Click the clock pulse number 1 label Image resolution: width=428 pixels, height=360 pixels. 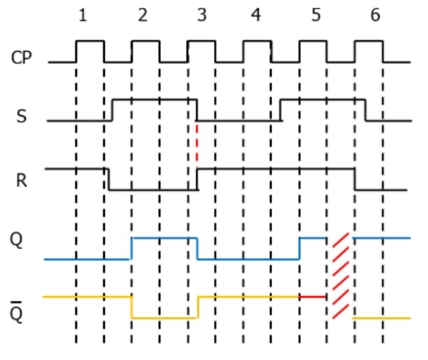83,15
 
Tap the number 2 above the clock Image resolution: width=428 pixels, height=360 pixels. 143,15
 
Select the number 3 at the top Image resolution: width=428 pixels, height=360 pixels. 202,15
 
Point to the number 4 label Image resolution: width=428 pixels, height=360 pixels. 256,15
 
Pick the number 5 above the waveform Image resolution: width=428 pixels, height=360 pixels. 316,15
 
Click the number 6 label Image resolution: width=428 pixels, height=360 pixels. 376,15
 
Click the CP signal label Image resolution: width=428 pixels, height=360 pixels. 22,57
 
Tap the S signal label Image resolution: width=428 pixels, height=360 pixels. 22,116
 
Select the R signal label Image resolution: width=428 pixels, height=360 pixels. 22,180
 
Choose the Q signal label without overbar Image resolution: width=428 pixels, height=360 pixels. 16,240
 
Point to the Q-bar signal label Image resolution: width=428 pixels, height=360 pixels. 16,313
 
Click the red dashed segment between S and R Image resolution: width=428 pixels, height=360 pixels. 197,144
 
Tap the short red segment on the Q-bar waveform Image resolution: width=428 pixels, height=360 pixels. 313,297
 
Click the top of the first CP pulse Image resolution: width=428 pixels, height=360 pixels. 90,41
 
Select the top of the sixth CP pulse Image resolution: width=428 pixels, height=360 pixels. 369,41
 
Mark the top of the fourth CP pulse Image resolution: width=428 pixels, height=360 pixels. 257,41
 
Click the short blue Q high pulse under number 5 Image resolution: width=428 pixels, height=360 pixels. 313,238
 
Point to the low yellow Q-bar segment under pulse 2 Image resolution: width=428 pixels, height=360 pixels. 164,318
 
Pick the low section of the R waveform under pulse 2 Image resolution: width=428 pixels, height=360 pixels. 154,189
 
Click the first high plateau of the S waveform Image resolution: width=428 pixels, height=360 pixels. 154,100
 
